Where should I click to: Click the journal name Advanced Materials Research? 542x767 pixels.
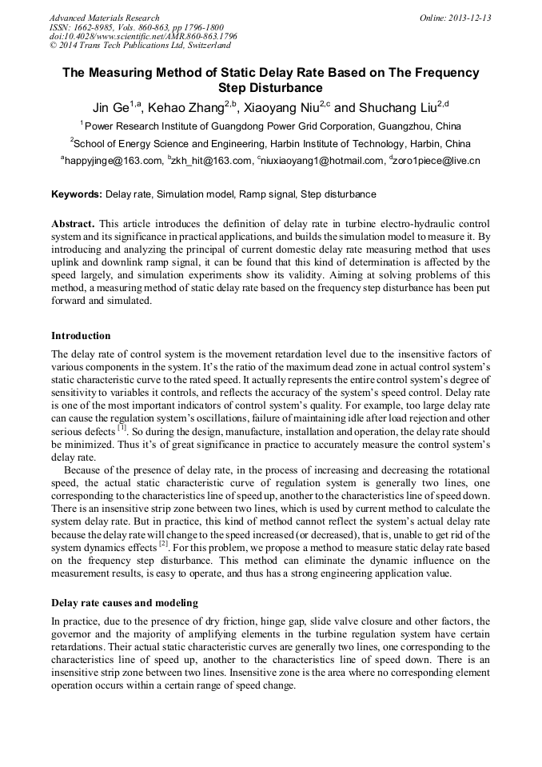tap(104, 18)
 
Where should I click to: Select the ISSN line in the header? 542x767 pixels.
tap(136, 27)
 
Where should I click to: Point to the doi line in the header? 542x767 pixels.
tap(143, 37)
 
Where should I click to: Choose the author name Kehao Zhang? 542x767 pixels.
tap(187, 106)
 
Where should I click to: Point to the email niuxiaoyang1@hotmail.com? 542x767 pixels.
tap(321, 162)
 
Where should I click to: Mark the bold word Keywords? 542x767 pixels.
tap(77, 194)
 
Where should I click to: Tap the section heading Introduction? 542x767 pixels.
tap(81, 336)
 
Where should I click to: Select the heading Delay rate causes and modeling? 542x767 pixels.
tap(125, 602)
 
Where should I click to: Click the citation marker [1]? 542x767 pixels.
tap(122, 428)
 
